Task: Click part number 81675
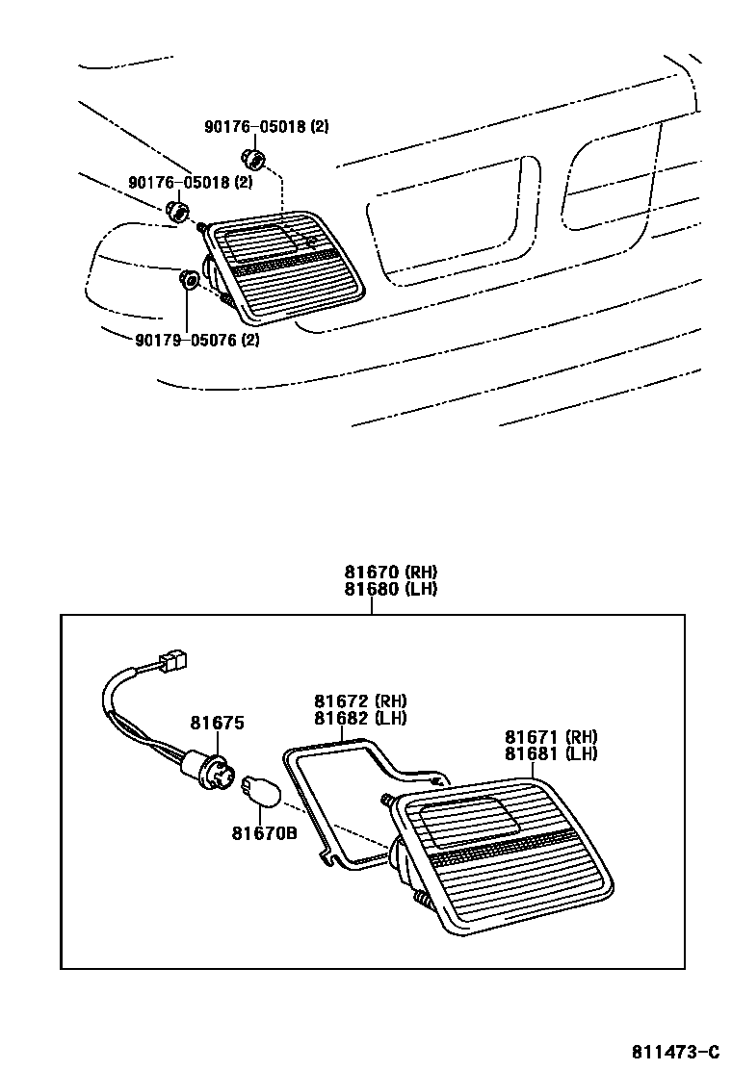pyautogui.click(x=217, y=723)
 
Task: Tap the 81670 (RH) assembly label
pyautogui.click(x=390, y=572)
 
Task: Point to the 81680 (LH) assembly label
pyautogui.click(x=390, y=588)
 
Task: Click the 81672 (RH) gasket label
pyautogui.click(x=359, y=701)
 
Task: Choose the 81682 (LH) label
pyautogui.click(x=359, y=718)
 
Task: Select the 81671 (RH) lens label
pyautogui.click(x=551, y=737)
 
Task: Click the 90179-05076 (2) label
pyautogui.click(x=184, y=338)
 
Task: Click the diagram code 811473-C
pyautogui.click(x=675, y=1050)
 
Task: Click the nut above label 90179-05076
pyautogui.click(x=188, y=281)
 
